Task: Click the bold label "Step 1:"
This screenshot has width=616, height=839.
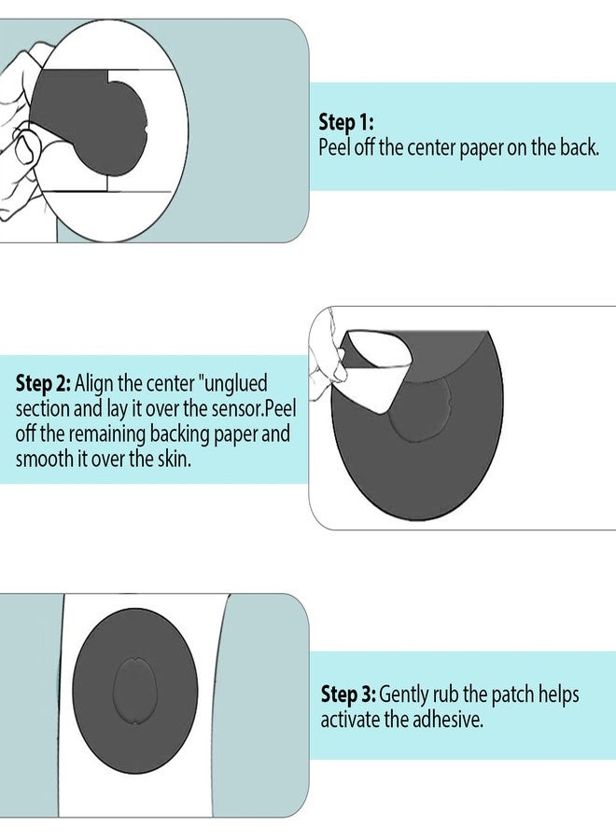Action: point(346,122)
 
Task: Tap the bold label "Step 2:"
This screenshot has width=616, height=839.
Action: point(43,383)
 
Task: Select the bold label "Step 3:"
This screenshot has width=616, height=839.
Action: point(348,694)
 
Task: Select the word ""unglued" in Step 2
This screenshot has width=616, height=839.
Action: point(232,384)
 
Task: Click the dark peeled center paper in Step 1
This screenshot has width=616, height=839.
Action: point(89,123)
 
